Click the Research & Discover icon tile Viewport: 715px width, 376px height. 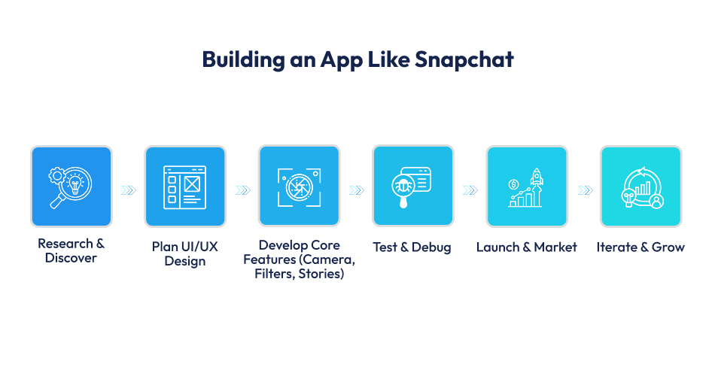71,186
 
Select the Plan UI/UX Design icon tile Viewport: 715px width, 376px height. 185,186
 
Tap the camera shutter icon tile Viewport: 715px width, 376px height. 299,186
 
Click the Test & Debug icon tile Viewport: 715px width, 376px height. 413,186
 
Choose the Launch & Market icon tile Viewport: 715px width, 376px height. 527,186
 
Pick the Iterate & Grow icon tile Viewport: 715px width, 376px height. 640,186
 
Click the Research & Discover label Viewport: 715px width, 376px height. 71,251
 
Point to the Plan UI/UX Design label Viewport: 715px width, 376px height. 185,254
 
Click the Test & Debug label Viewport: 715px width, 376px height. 412,247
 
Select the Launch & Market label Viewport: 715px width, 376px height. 527,247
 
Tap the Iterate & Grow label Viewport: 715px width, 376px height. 640,247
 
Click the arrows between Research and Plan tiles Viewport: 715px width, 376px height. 129,190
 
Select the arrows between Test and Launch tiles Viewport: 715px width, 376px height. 470,190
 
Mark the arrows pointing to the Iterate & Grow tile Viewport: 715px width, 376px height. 584,190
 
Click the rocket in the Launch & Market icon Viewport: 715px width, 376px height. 537,177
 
